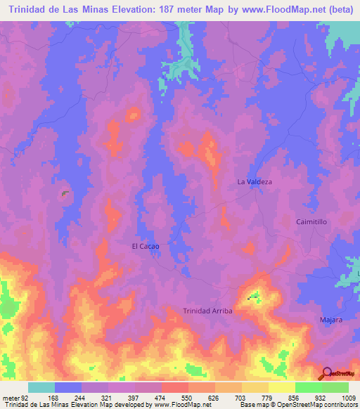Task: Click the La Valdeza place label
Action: (x=255, y=182)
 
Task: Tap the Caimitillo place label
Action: (x=311, y=221)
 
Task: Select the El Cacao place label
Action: (x=146, y=247)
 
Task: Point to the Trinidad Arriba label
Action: (x=207, y=311)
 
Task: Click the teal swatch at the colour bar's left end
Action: (x=41, y=388)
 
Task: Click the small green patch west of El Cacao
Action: (x=65, y=193)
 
